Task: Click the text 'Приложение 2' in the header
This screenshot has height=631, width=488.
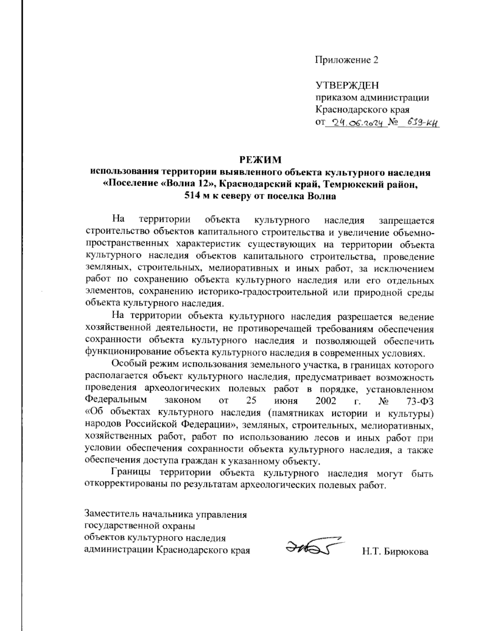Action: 346,60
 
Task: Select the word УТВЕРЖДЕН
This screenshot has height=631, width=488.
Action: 347,85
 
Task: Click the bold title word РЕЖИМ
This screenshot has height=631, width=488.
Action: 260,160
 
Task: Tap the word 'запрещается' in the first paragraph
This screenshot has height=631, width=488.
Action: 406,221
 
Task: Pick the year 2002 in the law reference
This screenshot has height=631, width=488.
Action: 325,401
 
